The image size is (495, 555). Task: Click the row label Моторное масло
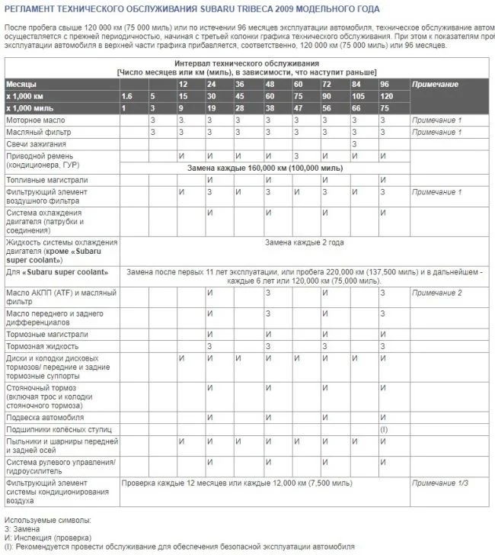pos(35,121)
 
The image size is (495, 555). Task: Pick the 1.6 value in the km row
pos(126,97)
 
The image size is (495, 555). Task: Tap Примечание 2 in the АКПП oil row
pos(436,293)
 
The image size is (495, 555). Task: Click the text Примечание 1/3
pos(440,483)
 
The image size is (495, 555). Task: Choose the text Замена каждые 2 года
pos(304,242)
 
